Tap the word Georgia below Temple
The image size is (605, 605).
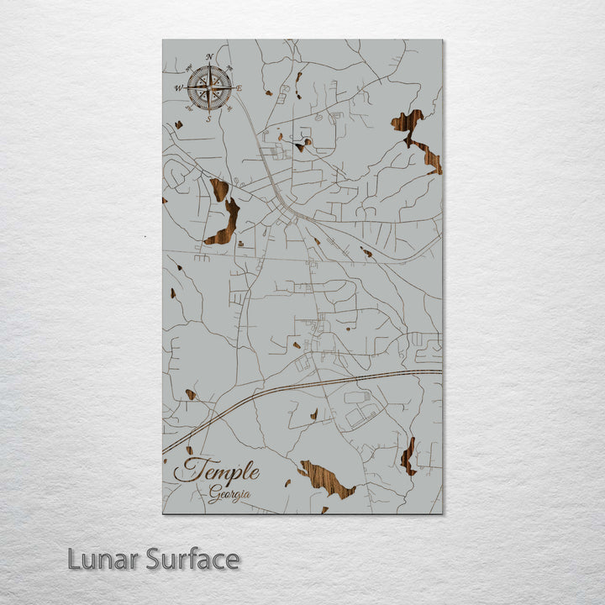pos(229,494)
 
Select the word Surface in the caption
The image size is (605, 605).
pos(192,559)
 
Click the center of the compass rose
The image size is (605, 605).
pos(209,87)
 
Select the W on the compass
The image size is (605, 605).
pos(178,87)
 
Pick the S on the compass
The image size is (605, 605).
pos(209,118)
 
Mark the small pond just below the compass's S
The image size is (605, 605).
pos(178,125)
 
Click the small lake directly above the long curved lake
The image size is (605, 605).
pos(219,189)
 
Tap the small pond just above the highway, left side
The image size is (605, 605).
pos(191,394)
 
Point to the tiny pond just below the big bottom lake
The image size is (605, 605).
pos(324,509)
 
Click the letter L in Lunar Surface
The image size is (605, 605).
pos(74,559)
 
